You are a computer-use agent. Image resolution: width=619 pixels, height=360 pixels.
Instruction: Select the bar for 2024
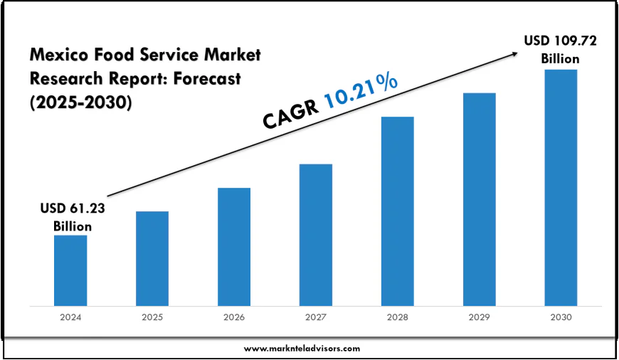click(x=70, y=270)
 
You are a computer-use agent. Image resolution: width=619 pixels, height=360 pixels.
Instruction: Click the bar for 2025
click(x=152, y=258)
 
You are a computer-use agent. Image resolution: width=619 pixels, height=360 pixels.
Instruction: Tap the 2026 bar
click(x=234, y=247)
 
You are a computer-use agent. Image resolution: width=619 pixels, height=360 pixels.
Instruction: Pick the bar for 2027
click(x=316, y=235)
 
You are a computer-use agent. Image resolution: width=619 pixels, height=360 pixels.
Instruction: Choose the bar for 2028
click(x=397, y=211)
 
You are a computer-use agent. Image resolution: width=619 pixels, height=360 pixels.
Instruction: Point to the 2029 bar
click(x=479, y=199)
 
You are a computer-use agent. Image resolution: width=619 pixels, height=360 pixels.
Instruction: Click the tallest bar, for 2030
click(x=561, y=188)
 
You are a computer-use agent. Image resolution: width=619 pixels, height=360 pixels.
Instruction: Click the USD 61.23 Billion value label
click(x=72, y=217)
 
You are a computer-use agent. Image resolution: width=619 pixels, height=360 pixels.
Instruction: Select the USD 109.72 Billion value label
click(x=560, y=50)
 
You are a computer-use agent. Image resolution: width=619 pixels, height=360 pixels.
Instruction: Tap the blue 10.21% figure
click(x=361, y=92)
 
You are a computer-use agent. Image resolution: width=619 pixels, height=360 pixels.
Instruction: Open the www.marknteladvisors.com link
click(x=302, y=348)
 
